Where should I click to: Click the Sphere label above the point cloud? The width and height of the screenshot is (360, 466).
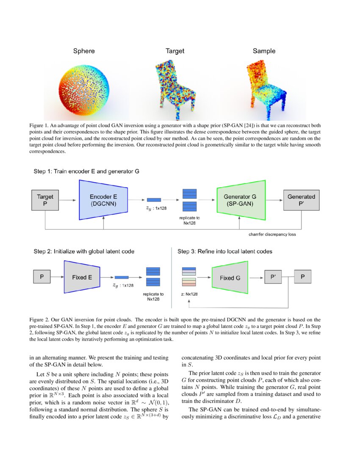point(84,51)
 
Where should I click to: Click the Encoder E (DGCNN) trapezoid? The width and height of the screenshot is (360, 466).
point(104,200)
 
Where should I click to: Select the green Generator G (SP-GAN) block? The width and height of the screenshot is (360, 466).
point(240,200)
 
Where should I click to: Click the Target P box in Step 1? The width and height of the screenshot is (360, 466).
point(45,200)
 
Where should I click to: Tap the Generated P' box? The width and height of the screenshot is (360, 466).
point(301,200)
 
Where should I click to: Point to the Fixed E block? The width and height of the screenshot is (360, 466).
point(82,277)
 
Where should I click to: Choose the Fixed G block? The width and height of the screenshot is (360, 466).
point(230,278)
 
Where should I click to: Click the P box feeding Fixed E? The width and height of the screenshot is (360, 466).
point(42,277)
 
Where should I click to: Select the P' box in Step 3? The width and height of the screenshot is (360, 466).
point(273,277)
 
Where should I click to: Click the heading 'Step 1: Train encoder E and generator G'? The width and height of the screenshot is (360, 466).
point(86,172)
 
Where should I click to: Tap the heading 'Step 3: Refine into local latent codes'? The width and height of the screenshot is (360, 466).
point(225,251)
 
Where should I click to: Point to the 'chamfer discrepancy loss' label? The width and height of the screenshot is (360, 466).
point(272,234)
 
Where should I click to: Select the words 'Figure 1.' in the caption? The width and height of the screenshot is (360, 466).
point(39,126)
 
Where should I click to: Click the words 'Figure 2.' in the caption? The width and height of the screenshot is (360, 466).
point(39,319)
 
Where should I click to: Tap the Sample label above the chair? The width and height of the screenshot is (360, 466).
point(264,51)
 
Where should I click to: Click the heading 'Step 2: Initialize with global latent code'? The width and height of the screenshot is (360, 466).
point(84,251)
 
